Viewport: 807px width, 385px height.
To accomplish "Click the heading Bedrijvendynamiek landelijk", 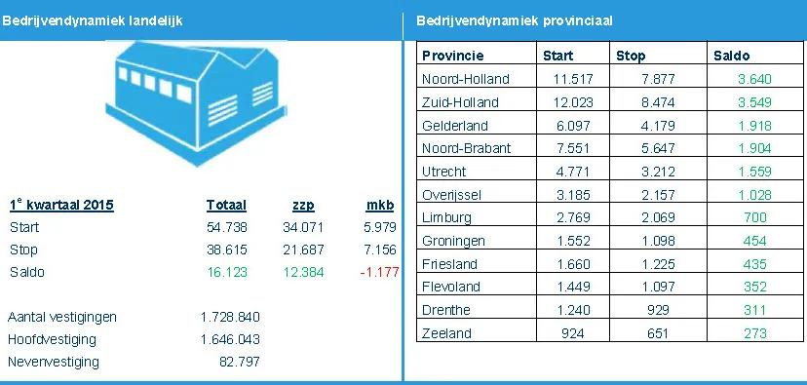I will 93,20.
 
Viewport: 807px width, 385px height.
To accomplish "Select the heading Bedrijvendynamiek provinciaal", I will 515,20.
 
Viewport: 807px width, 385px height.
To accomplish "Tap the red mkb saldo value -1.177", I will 380,272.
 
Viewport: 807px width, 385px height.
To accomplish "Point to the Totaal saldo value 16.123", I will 226,272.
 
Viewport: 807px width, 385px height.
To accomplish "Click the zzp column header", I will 303,205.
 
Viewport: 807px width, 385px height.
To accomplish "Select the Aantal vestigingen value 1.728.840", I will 228,318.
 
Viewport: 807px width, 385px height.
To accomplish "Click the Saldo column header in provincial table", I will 732,56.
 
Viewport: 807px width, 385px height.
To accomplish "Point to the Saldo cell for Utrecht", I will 749,172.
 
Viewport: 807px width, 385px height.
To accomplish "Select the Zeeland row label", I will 446,333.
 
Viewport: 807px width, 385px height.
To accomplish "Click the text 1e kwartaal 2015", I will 60,205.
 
